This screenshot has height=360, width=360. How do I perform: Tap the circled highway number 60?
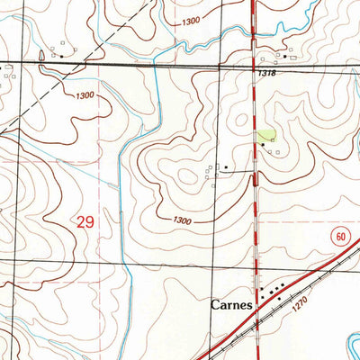click(337, 236)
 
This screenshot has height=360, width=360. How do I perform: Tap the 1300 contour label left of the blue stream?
click(85, 95)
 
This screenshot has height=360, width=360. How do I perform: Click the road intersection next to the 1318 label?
click(255, 66)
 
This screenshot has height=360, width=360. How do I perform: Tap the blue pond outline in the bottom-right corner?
click(346, 342)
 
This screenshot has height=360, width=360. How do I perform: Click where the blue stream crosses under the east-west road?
click(155, 63)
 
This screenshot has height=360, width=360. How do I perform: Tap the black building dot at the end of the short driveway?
click(225, 167)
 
